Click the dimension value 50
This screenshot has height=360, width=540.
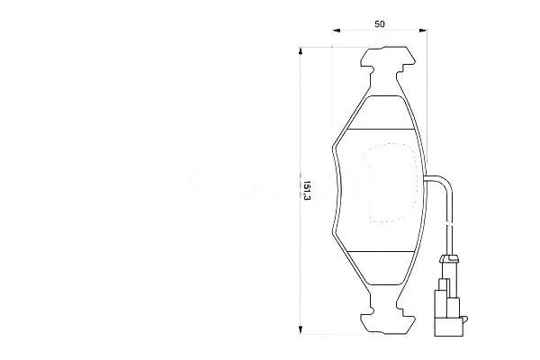point(380,24)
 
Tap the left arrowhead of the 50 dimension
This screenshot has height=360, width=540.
point(336,31)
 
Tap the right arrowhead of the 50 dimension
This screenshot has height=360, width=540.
point(423,31)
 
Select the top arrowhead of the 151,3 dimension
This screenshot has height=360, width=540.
point(301,50)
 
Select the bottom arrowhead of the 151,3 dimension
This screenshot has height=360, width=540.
point(301,329)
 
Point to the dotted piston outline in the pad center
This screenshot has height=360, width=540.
point(392,183)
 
